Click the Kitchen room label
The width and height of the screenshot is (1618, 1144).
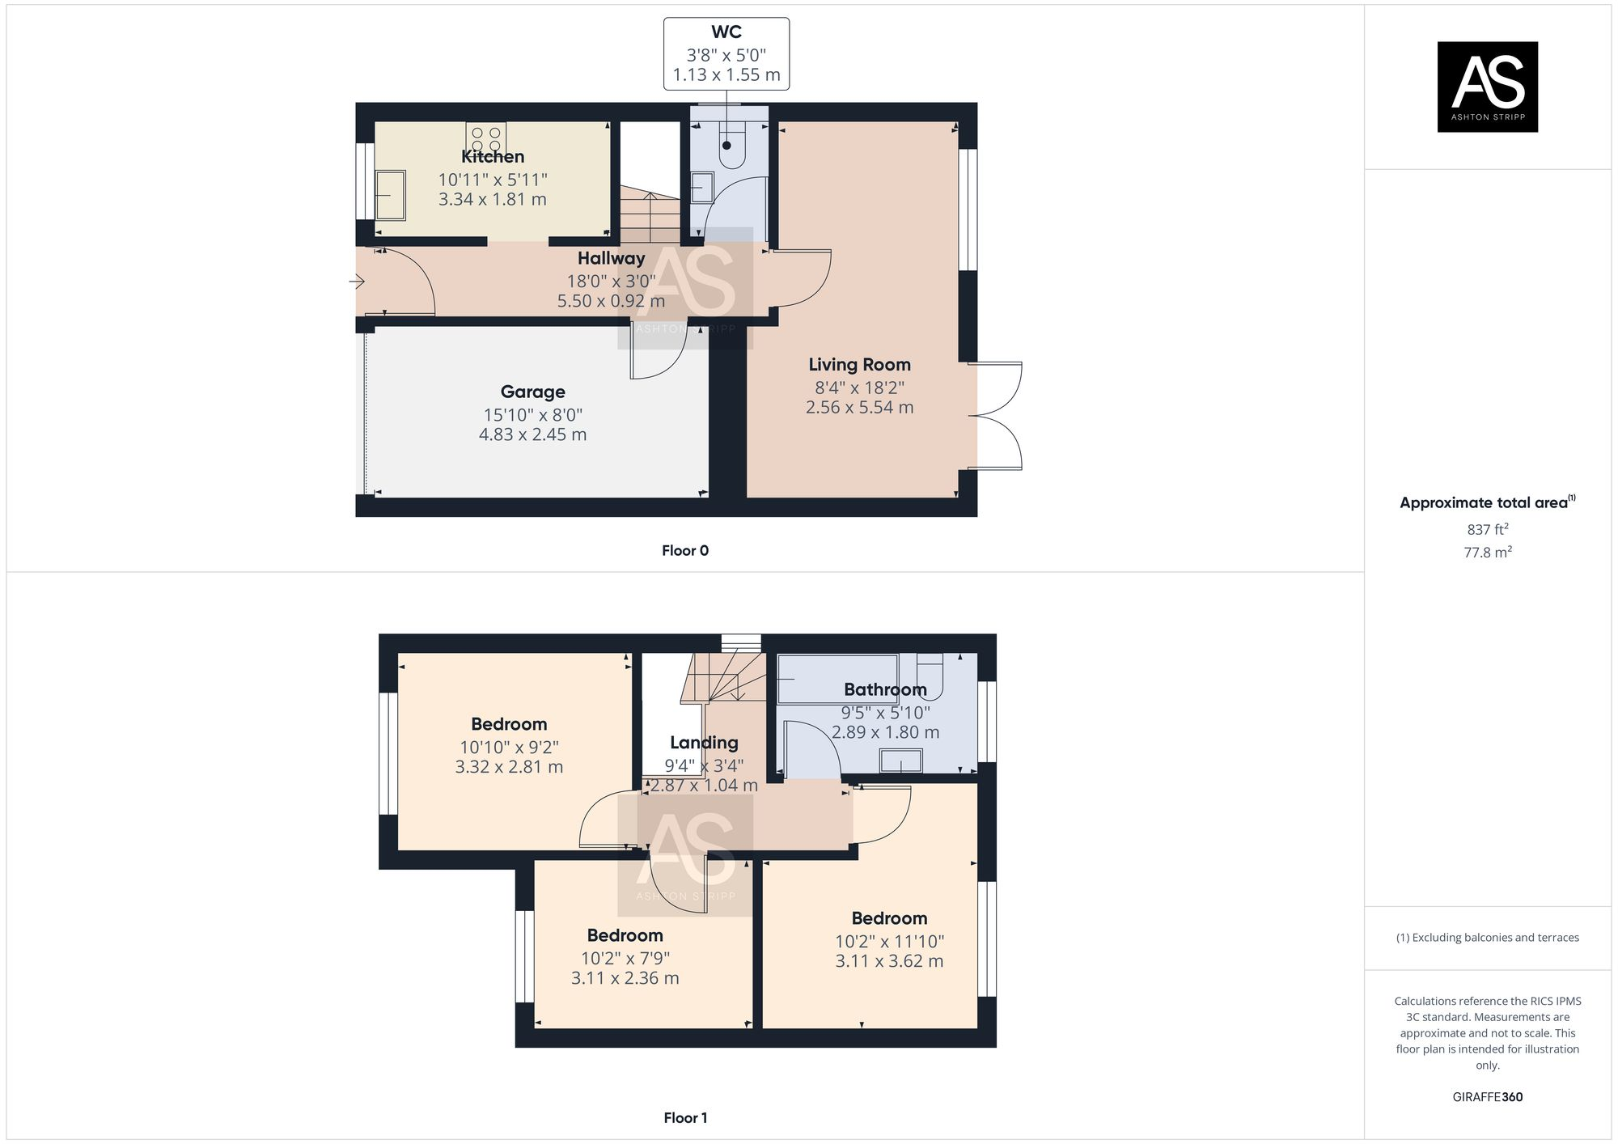click(493, 157)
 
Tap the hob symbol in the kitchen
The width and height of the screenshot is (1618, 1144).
click(486, 138)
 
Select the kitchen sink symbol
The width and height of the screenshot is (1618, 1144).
click(391, 195)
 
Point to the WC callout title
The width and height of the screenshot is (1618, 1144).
click(726, 32)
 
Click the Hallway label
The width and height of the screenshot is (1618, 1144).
click(611, 259)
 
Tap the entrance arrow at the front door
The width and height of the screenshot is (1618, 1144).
click(357, 282)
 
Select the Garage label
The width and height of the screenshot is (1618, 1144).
click(532, 392)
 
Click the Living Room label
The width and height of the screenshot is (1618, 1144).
click(859, 365)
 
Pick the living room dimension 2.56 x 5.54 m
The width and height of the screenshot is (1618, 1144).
click(859, 408)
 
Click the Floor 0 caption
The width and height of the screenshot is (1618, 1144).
click(684, 551)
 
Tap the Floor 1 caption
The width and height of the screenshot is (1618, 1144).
click(685, 1118)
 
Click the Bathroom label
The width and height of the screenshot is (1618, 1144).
click(885, 690)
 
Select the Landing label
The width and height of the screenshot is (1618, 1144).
click(704, 743)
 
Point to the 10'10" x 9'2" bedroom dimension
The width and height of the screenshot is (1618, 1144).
click(509, 748)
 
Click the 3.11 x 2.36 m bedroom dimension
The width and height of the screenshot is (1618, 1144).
click(625, 978)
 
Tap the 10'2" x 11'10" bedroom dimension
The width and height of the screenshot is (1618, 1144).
click(889, 942)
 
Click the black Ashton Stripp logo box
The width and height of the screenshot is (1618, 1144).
click(1487, 87)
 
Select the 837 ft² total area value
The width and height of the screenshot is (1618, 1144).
click(1487, 530)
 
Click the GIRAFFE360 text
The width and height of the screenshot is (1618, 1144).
click(1487, 1097)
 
